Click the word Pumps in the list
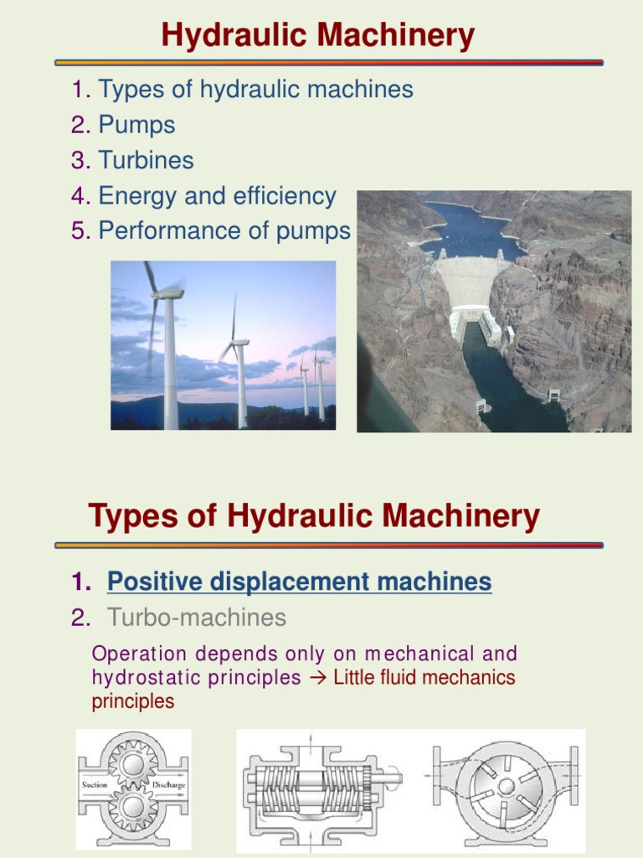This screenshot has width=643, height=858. tap(136, 125)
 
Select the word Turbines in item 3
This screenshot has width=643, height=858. tap(146, 160)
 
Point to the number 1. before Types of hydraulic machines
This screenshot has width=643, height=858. tap(81, 89)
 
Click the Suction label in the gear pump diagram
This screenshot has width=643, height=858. tap(95, 785)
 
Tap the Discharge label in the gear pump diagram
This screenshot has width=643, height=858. tap(168, 785)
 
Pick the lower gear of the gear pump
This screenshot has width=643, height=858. tap(132, 806)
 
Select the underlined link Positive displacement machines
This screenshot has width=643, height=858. tap(299, 581)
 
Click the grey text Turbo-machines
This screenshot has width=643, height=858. tap(196, 618)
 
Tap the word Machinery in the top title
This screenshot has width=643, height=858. tap(391, 36)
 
